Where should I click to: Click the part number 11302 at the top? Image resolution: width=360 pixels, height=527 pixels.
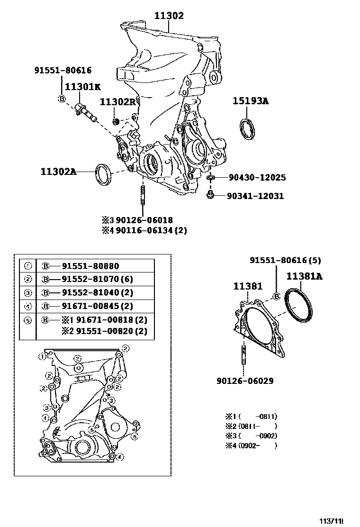169,16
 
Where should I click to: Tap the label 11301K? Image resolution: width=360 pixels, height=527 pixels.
83,87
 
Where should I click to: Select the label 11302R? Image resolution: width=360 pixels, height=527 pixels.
117,102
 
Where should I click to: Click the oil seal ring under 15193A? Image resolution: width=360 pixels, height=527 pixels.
246,130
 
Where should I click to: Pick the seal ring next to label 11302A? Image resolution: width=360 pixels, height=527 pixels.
104,174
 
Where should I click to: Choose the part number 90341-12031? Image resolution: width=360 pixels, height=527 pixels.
255,196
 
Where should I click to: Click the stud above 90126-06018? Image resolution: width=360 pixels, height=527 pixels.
142,197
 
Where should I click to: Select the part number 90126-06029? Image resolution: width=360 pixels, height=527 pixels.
245,381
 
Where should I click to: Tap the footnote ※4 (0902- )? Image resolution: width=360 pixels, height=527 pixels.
251,445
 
